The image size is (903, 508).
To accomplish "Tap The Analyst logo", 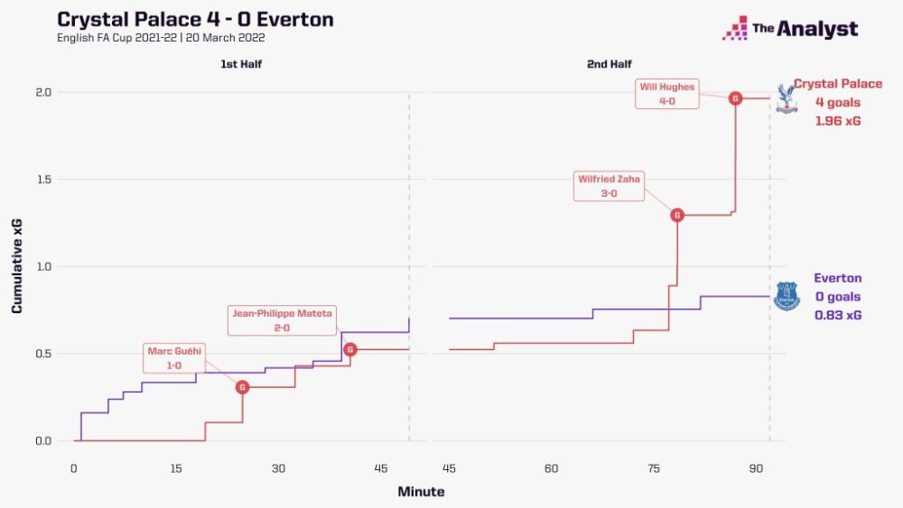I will (x=790, y=28).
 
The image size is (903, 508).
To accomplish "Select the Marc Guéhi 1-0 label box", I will (x=174, y=358).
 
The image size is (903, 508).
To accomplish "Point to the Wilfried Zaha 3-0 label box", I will (x=609, y=186).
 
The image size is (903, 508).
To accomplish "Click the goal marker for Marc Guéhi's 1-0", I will (x=242, y=387).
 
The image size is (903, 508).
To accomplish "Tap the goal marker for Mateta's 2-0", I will (x=350, y=349).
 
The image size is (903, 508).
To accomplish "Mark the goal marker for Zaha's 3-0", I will (x=676, y=215).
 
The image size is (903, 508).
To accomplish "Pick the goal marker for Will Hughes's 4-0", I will (x=735, y=98).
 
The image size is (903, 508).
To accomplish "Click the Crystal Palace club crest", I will (x=787, y=98).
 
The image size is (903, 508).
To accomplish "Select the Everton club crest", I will (x=787, y=296).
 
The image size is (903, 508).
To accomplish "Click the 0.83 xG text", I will (x=837, y=315).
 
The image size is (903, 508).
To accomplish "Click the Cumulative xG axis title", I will (x=17, y=267).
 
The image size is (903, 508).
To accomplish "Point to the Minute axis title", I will (x=421, y=492).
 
